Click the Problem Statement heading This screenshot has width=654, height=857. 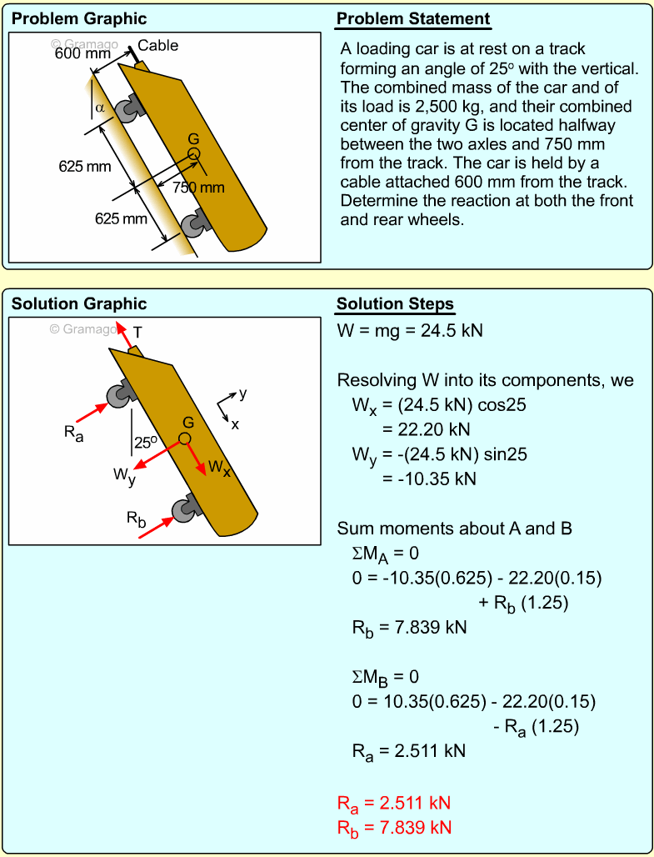413,19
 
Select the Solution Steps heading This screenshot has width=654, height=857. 395,304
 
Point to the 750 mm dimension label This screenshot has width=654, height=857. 198,188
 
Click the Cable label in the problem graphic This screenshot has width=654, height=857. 158,46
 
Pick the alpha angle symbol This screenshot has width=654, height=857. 100,108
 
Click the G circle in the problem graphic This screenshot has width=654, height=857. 194,153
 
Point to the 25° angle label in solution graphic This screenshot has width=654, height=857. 147,443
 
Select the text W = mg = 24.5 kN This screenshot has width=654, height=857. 410,331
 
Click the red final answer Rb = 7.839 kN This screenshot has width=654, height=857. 394,828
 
